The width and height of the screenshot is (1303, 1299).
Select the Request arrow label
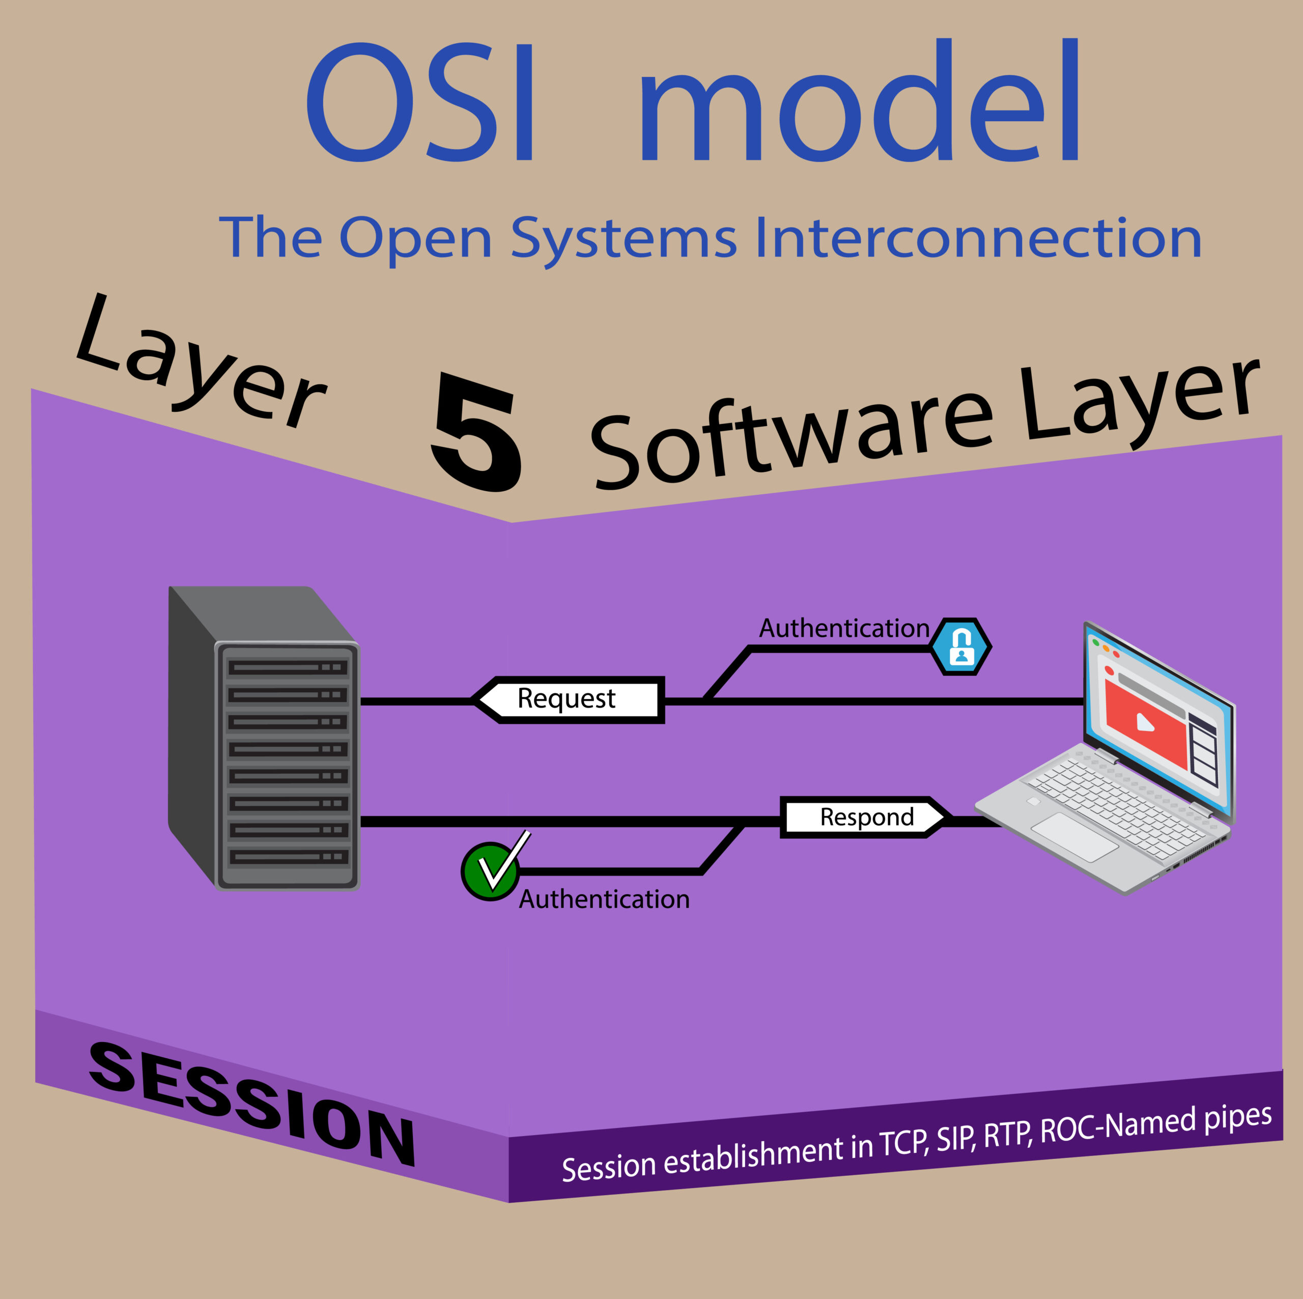coord(567,700)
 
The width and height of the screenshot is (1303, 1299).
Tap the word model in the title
coord(860,100)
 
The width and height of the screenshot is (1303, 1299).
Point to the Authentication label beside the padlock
coord(844,629)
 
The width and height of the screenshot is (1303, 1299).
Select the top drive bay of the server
coord(288,667)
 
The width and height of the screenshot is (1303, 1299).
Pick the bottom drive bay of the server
coord(288,857)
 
